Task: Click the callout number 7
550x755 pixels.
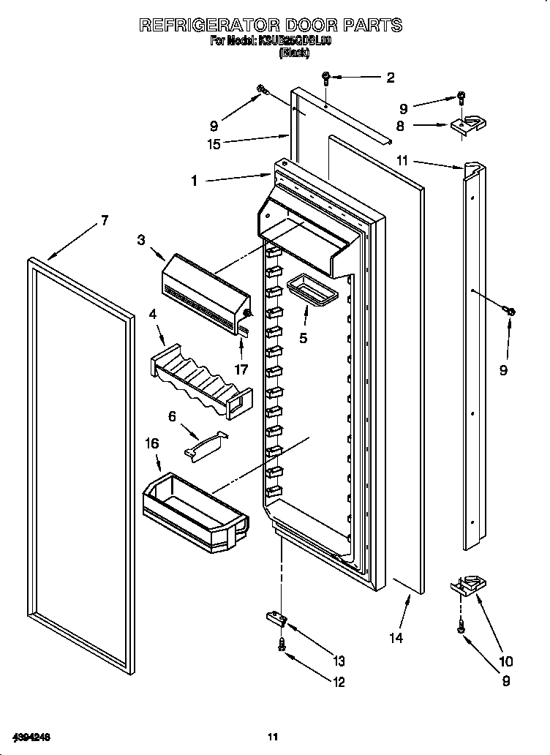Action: click(x=105, y=220)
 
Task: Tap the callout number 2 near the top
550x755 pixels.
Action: click(x=390, y=77)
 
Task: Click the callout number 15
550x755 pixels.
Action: click(x=214, y=144)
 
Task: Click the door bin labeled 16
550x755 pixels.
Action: click(x=194, y=507)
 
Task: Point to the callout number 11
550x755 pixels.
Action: click(x=402, y=160)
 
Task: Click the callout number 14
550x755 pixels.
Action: click(x=396, y=638)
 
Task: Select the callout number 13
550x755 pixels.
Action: click(x=338, y=661)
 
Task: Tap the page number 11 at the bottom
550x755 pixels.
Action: click(x=273, y=736)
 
